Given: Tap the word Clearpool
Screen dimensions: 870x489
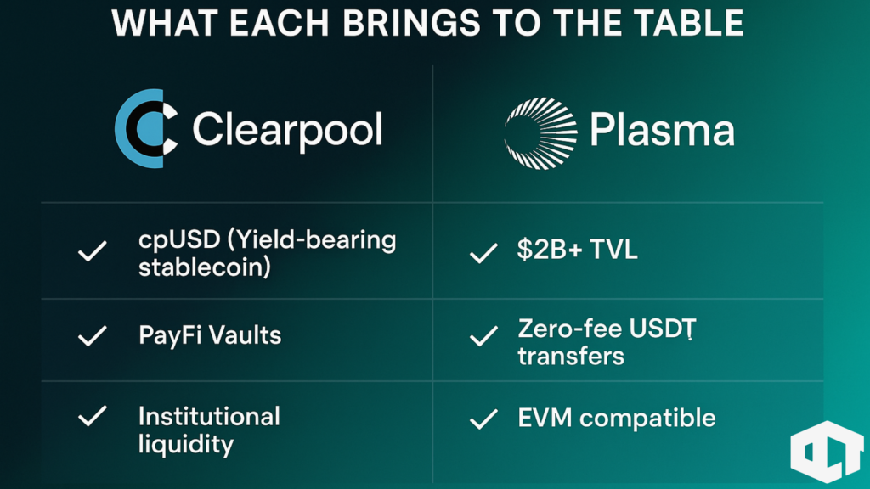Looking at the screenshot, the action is click(287, 130).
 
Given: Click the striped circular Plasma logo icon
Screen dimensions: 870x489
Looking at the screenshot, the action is click(540, 133).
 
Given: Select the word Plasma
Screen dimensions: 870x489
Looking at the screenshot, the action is click(662, 130).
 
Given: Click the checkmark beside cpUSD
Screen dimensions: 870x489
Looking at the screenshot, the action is click(92, 251).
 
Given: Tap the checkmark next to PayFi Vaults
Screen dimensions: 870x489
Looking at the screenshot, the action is click(92, 336).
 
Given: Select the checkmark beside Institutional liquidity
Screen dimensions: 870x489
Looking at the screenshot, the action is click(92, 416).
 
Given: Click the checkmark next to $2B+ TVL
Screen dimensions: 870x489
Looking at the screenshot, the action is click(483, 253).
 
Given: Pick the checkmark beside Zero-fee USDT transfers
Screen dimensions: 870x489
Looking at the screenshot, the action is click(483, 336).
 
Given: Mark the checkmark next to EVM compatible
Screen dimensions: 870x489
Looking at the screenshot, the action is click(483, 419).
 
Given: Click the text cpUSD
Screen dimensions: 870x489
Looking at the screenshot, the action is click(179, 241).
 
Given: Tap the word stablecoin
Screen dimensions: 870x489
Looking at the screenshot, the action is click(202, 267).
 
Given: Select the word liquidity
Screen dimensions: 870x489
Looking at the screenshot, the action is click(186, 445).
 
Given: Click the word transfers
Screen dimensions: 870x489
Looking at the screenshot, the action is click(571, 357).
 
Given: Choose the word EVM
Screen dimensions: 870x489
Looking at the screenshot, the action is click(545, 418).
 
